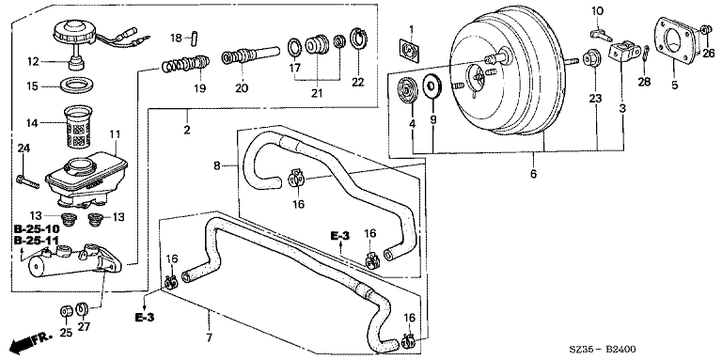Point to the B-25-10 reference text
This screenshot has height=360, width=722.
coord(37,228)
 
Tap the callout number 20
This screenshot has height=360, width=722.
coord(242,88)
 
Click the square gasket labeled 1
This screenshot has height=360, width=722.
coord(409,50)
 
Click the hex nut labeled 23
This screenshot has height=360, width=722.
coord(590,60)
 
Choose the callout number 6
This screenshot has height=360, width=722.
coord(533,174)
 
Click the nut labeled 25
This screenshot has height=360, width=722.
coord(66,312)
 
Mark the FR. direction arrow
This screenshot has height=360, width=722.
coord(30,343)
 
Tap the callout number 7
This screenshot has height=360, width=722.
coord(209,338)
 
